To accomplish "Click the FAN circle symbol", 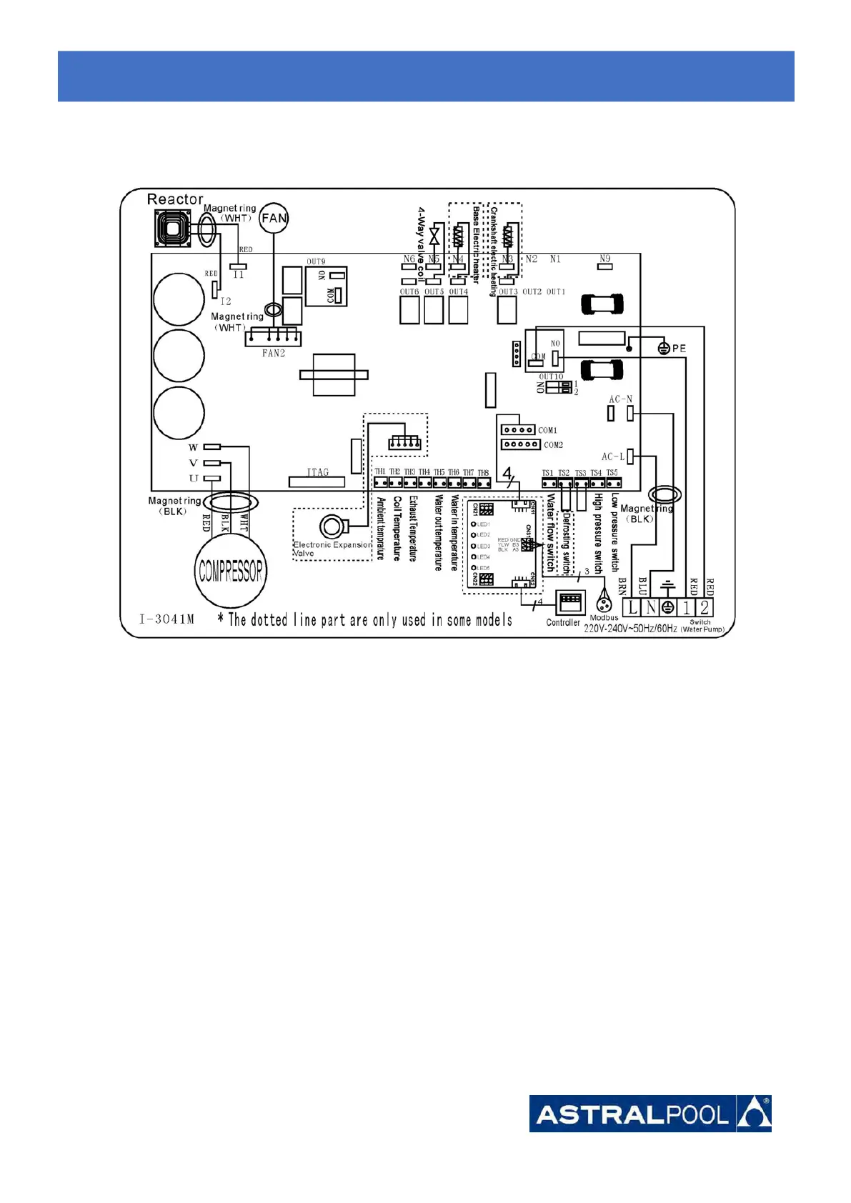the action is (274, 218).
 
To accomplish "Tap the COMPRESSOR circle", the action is (230, 570).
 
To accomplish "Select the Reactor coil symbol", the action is (171, 229).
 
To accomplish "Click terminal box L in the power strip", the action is (632, 608).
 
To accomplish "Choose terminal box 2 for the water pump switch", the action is (705, 608).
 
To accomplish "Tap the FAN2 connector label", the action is (273, 353).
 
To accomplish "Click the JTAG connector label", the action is (317, 472).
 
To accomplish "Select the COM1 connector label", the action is (547, 430).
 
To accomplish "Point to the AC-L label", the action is (612, 456).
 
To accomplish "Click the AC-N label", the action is (619, 399).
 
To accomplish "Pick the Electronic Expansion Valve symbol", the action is (330, 527).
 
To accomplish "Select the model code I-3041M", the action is (166, 619).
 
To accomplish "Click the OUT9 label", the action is (316, 261).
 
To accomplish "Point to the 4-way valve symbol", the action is (434, 235).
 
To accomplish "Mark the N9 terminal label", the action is (604, 259).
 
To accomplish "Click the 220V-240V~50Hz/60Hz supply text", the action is (630, 629).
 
